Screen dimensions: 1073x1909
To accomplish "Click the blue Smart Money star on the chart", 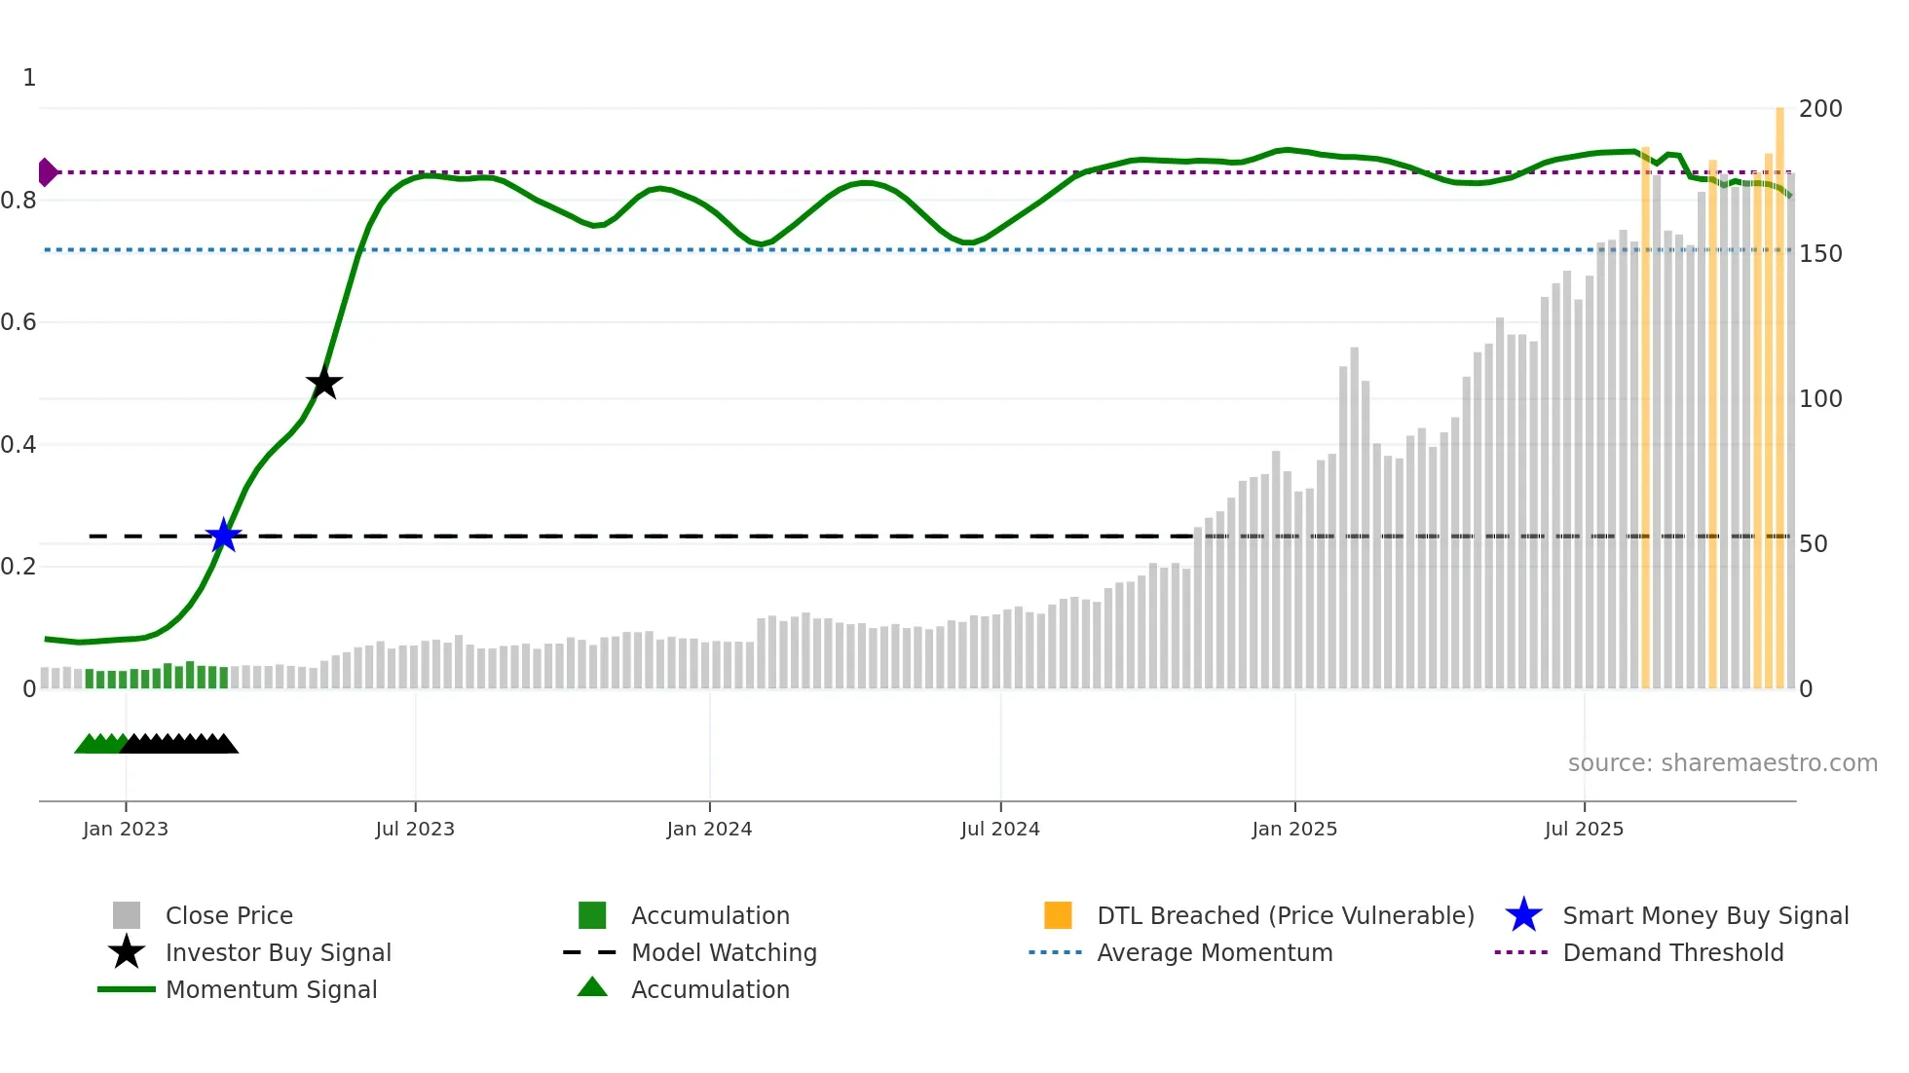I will pos(224,536).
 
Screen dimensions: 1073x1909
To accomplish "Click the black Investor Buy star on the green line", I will pos(324,383).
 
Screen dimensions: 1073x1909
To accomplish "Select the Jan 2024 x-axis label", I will pos(709,829).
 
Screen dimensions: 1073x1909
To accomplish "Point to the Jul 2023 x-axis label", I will pos(415,829).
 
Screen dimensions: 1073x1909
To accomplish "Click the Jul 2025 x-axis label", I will pos(1584,829).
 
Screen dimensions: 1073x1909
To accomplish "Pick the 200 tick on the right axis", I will pos(1819,109).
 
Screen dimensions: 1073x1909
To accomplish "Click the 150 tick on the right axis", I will pos(1819,254).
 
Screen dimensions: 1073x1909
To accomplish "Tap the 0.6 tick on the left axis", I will pos(19,322).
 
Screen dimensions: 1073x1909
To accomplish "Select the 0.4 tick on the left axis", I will pos(19,445).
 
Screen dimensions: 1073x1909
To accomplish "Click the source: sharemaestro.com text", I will pos(1722,763).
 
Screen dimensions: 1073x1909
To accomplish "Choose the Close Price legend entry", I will pos(229,915).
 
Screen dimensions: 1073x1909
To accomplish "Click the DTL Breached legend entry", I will pos(1285,915).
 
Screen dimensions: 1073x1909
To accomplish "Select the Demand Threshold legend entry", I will pos(1672,952).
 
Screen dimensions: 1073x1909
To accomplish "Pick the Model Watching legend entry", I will pos(724,952).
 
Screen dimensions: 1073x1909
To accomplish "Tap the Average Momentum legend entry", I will pos(1214,952).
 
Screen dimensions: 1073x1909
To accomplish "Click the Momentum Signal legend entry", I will pos(271,989).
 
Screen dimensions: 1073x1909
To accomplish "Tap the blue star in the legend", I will pos(1523,915).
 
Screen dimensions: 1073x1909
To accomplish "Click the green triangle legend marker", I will pos(592,987).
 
